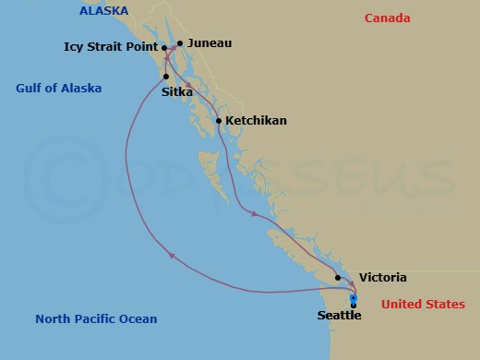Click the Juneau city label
pos(209,42)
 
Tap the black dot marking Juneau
pos(180,42)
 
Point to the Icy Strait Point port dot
pos(163,48)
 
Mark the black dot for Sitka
pos(165,76)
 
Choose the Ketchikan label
pos(257,121)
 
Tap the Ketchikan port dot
pos(218,121)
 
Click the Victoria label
pos(382,277)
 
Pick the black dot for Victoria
pos(339,277)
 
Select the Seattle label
pos(339,316)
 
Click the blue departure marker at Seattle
pos(354,300)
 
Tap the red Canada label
pos(387,18)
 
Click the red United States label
pos(423,305)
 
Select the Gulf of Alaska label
pos(58,89)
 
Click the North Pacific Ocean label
pos(96,319)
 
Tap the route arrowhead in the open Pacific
pos(172,257)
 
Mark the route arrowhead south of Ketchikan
pos(253,215)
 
